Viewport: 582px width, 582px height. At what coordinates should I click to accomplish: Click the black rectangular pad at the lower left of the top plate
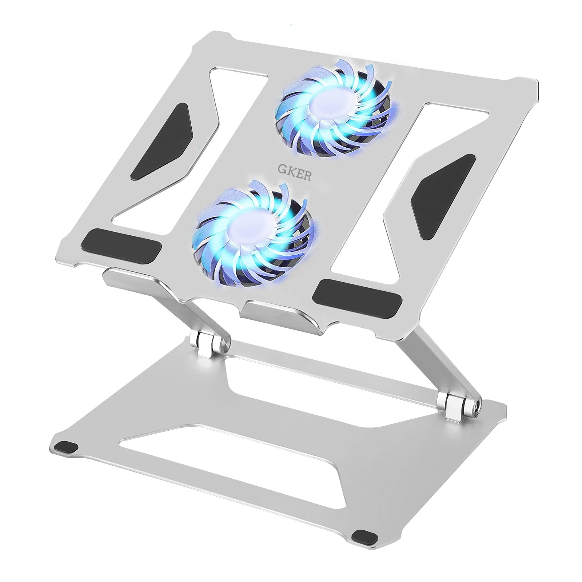(x=121, y=246)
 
